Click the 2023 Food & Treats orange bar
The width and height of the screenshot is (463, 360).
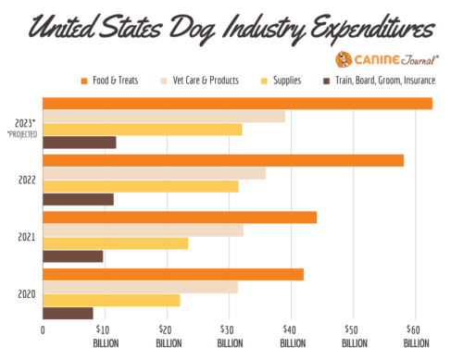[x=237, y=104]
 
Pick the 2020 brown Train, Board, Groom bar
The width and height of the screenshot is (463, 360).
[x=69, y=313]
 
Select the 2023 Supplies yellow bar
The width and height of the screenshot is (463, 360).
[x=143, y=130]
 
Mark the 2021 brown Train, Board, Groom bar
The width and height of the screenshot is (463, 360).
[x=73, y=256]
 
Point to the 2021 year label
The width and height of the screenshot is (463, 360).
[x=26, y=237]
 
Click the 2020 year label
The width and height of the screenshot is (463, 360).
[x=26, y=294]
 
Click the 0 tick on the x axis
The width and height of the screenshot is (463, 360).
[x=43, y=329]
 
